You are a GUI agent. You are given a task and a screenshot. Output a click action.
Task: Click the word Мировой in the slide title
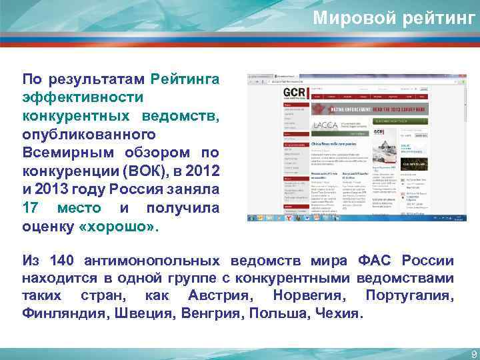click(x=353, y=18)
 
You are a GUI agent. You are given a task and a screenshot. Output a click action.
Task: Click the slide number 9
click(x=473, y=354)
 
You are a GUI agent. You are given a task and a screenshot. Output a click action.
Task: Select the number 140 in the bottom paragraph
click(x=65, y=261)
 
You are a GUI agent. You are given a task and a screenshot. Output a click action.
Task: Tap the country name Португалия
click(x=409, y=295)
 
